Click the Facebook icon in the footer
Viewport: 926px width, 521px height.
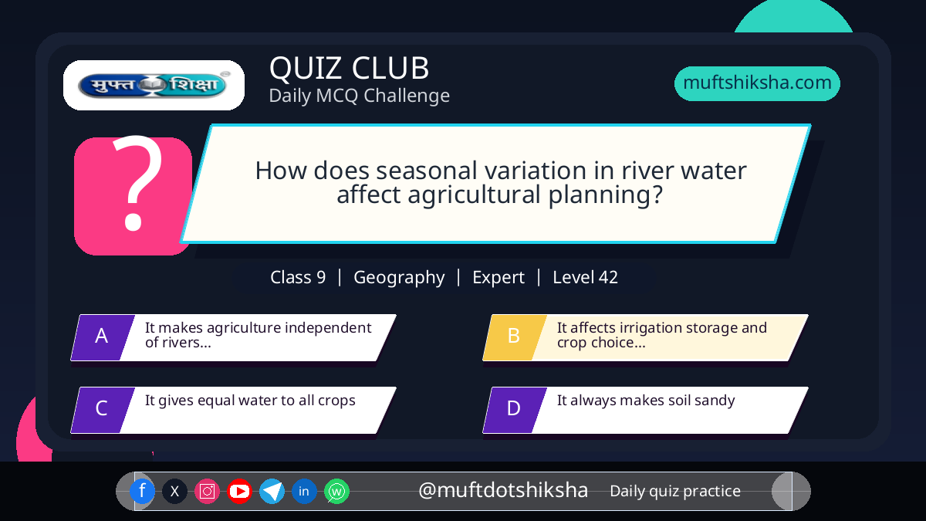tap(142, 491)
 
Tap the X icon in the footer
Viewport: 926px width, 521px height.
tap(174, 491)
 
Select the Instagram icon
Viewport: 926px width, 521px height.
tap(207, 491)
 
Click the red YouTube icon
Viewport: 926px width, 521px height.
tap(239, 491)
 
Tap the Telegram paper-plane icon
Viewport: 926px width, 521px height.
tap(272, 491)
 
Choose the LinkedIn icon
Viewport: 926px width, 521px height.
tap(304, 491)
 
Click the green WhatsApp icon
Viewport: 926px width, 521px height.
tap(336, 491)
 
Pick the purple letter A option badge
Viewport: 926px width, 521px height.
tap(103, 337)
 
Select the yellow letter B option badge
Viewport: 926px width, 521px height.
tap(515, 337)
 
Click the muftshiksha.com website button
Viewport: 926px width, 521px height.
tap(757, 83)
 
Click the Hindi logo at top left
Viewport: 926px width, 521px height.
tap(154, 85)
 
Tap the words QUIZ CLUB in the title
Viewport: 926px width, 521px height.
tap(350, 68)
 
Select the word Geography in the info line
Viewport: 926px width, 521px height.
tap(399, 277)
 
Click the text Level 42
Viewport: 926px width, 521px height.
tap(586, 277)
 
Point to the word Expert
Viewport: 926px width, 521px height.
tap(498, 277)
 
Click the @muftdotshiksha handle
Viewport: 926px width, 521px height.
tap(503, 490)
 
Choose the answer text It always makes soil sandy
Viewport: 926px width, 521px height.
tap(646, 401)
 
